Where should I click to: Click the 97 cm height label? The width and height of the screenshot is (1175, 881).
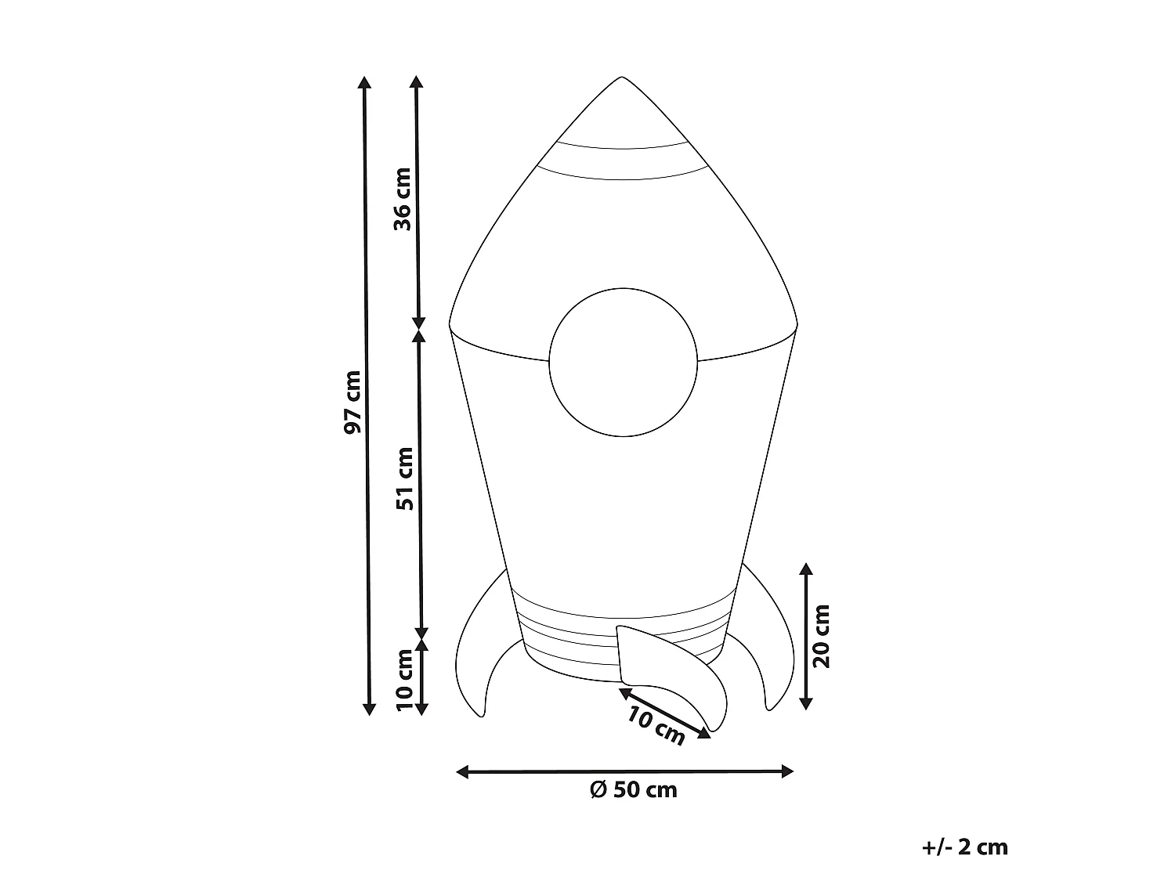352,402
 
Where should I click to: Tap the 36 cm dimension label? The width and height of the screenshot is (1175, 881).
403,199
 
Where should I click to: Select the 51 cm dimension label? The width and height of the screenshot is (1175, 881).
405,478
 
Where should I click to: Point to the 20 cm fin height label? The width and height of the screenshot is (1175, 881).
821,637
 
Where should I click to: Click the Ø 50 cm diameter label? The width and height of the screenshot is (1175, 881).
634,790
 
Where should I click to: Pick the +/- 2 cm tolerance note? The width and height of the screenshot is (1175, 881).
964,847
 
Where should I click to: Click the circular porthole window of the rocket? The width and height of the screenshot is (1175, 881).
623,362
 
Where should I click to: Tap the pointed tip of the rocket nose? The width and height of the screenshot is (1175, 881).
621,77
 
